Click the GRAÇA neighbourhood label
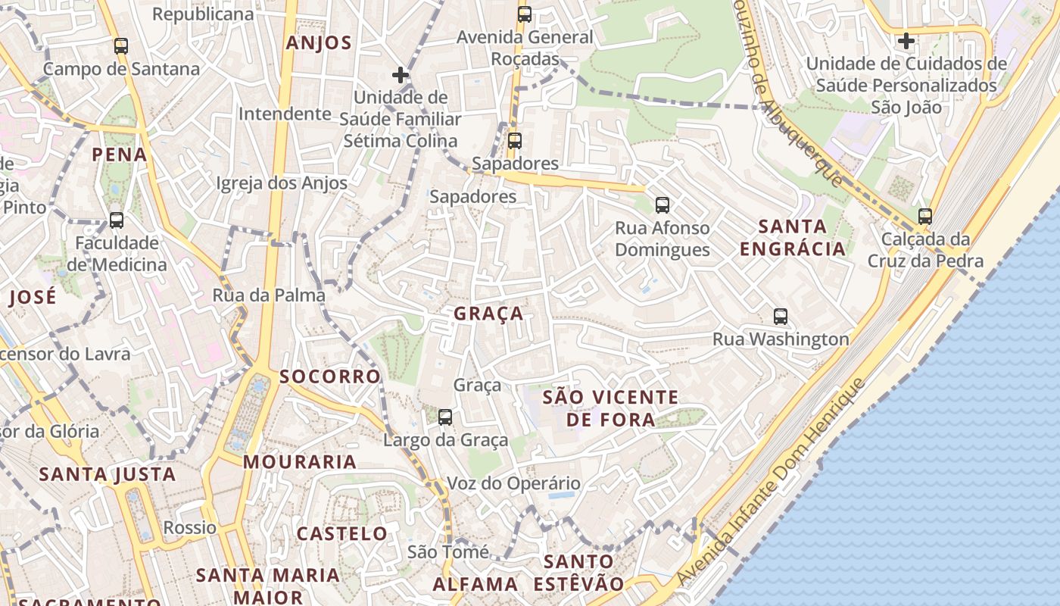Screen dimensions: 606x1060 [488, 314]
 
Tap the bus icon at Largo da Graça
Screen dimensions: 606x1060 [445, 417]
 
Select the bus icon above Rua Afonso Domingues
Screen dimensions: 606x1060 [662, 205]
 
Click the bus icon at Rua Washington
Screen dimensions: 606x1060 [781, 317]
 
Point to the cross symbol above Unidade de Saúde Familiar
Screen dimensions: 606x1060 [401, 75]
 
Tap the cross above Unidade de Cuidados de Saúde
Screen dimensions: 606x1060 [906, 40]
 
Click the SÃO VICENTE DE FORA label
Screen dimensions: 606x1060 [611, 408]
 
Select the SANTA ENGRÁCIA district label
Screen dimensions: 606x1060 [792, 237]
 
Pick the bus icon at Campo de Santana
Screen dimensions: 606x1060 [121, 46]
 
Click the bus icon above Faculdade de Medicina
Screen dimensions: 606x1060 [117, 220]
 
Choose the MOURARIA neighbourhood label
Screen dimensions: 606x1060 [300, 461]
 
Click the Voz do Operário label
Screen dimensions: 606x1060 [513, 483]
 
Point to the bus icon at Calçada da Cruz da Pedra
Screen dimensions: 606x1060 [924, 217]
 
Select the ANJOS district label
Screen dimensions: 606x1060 [319, 43]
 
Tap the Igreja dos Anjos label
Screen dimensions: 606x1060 [282, 183]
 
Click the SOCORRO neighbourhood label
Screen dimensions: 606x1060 [329, 376]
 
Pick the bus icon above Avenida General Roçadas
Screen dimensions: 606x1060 [525, 14]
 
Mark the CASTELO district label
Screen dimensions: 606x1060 [342, 533]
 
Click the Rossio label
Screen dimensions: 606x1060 [190, 527]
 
